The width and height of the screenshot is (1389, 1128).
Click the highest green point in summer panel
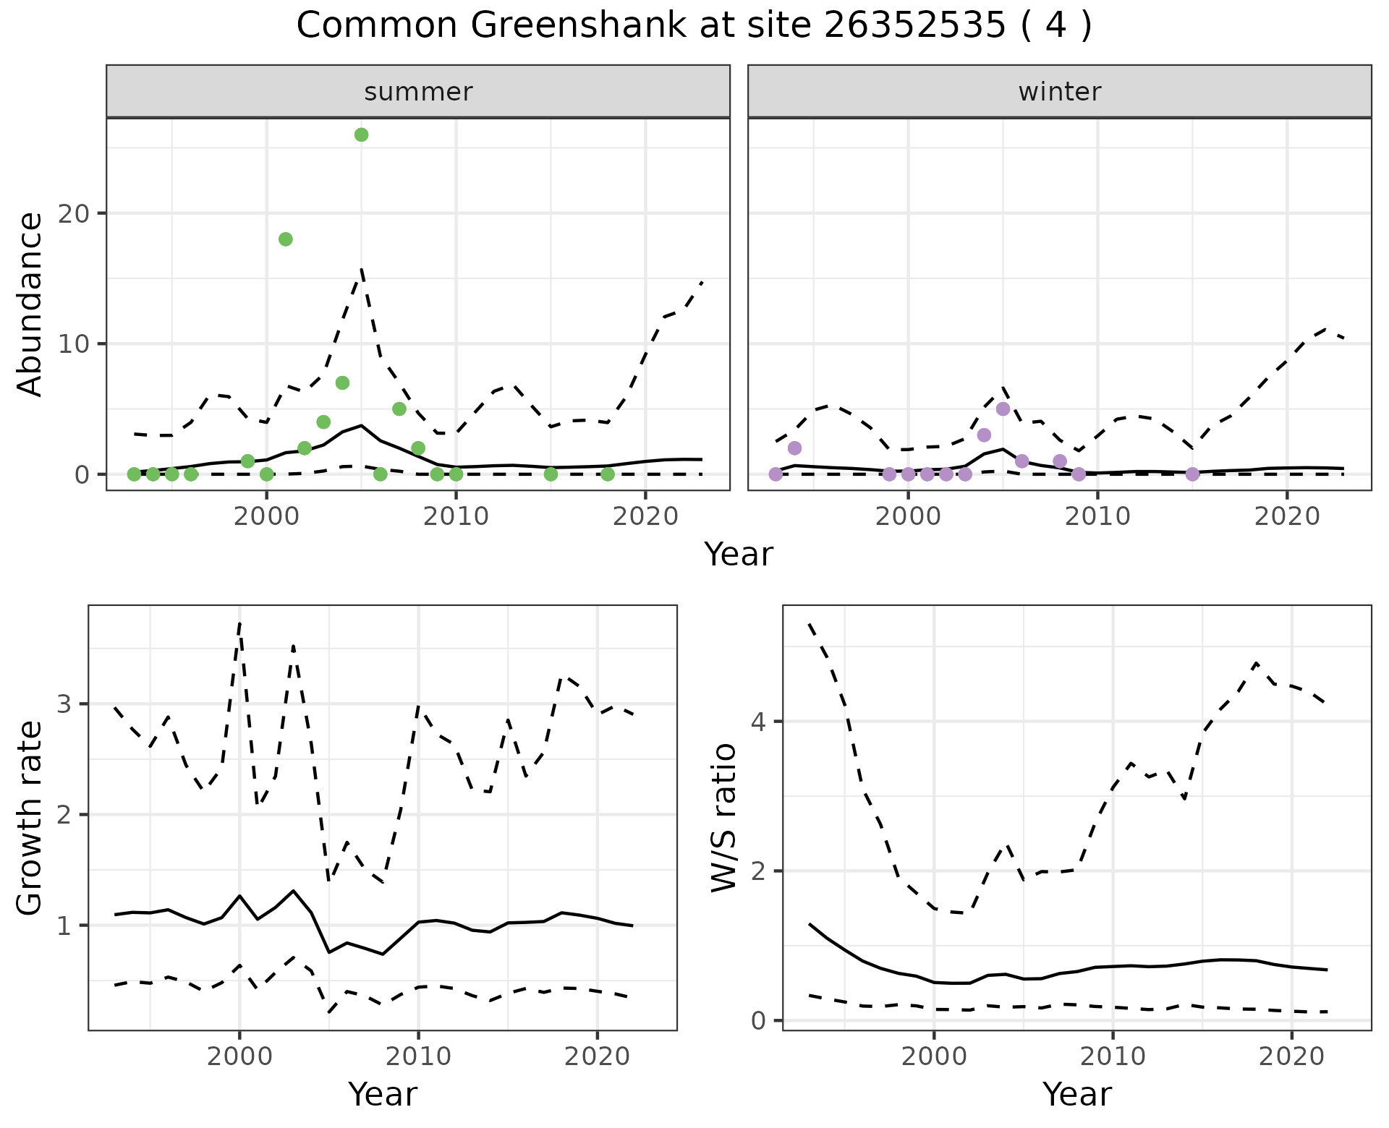point(361,135)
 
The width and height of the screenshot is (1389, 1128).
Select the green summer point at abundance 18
point(286,239)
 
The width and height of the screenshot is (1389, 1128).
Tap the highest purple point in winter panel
point(1003,409)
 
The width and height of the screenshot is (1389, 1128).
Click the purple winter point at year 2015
point(1193,474)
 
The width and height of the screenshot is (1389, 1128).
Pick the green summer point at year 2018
point(608,474)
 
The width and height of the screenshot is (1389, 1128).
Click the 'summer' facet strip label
point(418,92)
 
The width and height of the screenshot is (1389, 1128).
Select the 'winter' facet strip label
point(1059,92)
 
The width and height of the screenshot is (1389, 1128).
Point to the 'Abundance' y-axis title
point(30,304)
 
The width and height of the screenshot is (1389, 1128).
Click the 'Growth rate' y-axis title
point(30,818)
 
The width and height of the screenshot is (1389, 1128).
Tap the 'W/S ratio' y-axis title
point(723,818)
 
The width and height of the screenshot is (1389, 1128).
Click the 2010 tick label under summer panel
point(456,516)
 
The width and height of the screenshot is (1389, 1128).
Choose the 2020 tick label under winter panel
point(1287,516)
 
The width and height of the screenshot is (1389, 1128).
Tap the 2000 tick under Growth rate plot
point(239,1056)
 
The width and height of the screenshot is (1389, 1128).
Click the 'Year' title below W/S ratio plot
point(1076,1095)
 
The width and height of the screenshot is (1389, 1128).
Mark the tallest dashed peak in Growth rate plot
point(239,623)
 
